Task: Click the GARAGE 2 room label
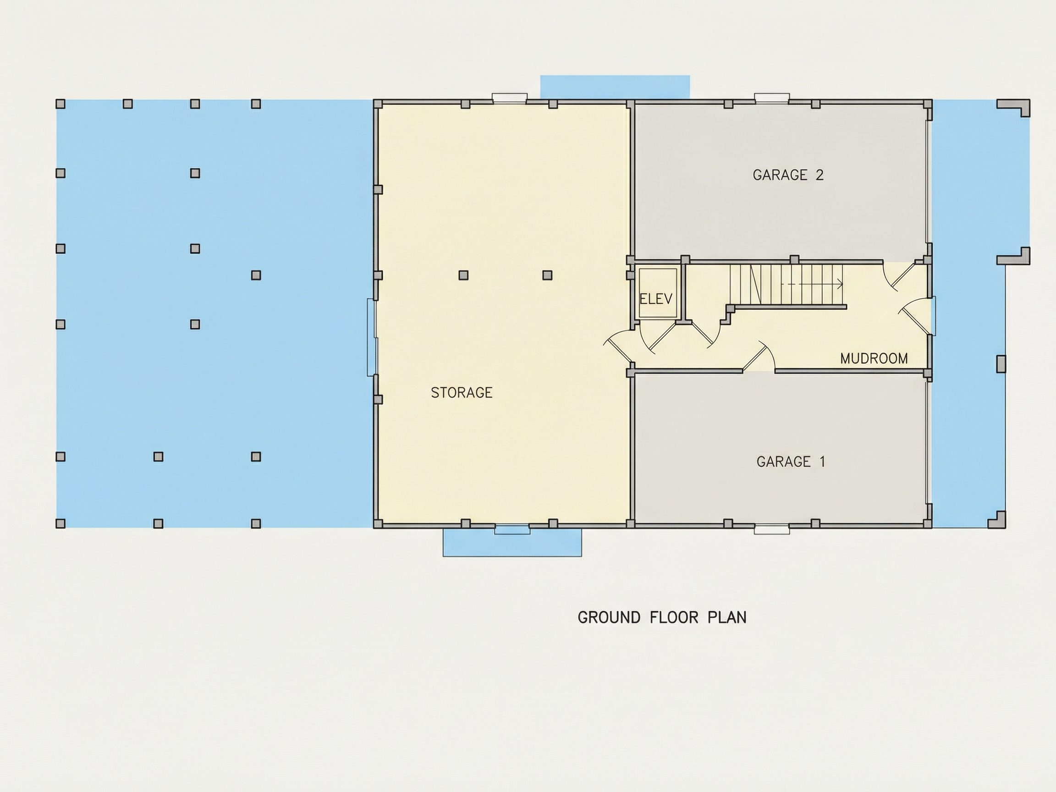coord(788,175)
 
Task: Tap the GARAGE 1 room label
coord(791,462)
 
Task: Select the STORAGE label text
coord(461,392)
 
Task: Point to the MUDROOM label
coord(874,358)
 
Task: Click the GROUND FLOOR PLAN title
coord(662,617)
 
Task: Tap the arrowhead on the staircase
coord(839,285)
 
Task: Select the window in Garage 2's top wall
coord(771,99)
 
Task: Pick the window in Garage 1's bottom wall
coord(771,529)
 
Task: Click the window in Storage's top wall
coord(510,99)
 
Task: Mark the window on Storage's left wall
coord(372,337)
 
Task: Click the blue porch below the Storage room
coord(512,542)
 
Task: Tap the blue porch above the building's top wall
coord(615,87)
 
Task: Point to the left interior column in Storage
coord(463,275)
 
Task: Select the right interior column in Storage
coord(547,275)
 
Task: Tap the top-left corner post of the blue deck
coord(60,104)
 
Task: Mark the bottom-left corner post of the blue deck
coord(60,524)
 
